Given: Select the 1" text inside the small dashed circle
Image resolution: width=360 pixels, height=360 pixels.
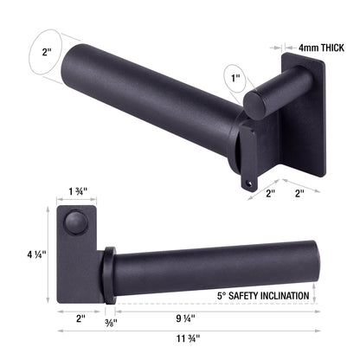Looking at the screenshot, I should tap(234, 80).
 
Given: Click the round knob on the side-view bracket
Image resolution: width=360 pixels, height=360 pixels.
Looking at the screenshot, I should tap(77, 224).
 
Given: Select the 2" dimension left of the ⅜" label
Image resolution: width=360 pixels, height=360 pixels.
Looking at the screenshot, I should tap(80, 319).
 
